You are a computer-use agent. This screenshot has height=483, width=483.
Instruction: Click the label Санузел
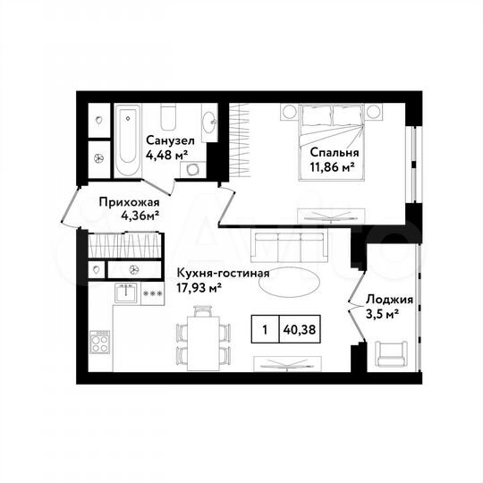(x=168, y=140)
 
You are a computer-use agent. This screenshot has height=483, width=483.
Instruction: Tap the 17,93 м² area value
(x=199, y=287)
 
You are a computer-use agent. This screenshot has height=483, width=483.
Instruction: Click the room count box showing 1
(x=266, y=328)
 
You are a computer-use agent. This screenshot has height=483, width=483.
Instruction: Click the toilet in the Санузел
(x=168, y=116)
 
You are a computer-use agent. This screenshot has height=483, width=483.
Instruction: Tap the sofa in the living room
(x=291, y=245)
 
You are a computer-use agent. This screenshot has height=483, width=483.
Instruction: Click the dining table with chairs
(x=203, y=338)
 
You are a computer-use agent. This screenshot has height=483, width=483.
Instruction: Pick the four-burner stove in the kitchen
(x=100, y=342)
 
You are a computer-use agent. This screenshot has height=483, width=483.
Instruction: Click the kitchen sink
(x=127, y=292)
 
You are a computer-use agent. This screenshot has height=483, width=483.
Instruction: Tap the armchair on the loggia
(x=391, y=353)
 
